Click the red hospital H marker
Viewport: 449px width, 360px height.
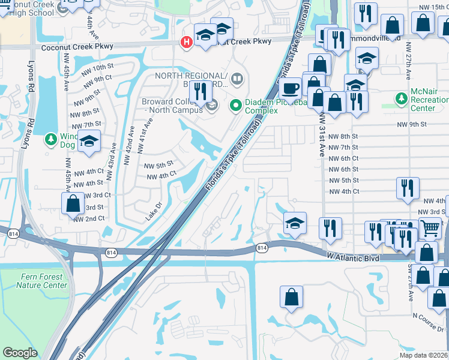click(x=187, y=41)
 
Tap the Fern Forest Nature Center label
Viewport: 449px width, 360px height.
click(x=41, y=281)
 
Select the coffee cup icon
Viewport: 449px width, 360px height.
click(x=291, y=89)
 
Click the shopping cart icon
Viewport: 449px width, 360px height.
click(x=430, y=228)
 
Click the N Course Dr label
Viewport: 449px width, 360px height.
click(x=428, y=329)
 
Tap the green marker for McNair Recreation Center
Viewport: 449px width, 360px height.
click(x=401, y=98)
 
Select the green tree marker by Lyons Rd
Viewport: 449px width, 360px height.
click(x=52, y=140)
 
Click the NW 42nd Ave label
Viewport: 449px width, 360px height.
click(x=128, y=145)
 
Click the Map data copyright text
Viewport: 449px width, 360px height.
click(x=424, y=355)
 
